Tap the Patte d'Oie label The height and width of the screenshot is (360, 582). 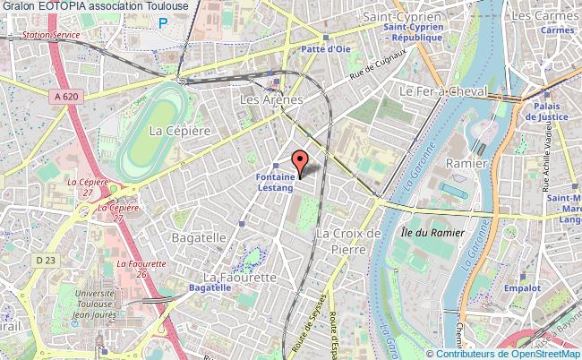point(326,49)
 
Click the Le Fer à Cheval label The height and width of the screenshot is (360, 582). point(442,91)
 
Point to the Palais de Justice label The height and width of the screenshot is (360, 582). point(547,113)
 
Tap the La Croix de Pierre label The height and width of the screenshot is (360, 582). point(349,241)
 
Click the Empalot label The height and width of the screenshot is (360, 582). point(521,288)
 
